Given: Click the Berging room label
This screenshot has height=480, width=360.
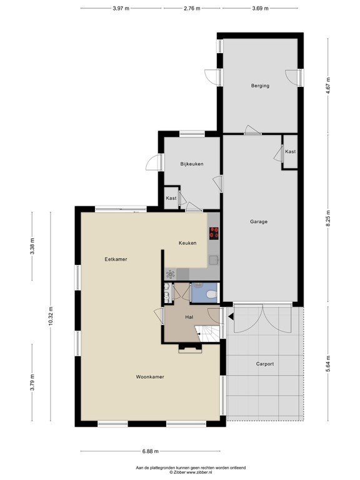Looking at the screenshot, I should click(x=260, y=86).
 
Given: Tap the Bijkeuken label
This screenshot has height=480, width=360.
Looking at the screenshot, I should click(x=192, y=164).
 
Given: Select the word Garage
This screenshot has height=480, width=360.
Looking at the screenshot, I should click(x=259, y=221).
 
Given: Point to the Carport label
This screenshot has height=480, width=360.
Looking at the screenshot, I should click(x=265, y=364).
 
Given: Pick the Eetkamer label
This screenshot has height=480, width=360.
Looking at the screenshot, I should click(x=116, y=259).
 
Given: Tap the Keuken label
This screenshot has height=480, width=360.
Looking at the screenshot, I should click(x=187, y=243).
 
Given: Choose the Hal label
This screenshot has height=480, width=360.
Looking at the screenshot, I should click(x=189, y=317).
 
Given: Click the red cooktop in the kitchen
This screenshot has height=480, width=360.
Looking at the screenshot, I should click(x=214, y=233).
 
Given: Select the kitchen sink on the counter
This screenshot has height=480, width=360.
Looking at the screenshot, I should click(x=214, y=259).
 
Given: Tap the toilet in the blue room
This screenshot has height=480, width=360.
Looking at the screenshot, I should click(x=211, y=292).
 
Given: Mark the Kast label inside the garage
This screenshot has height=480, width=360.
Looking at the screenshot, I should click(x=290, y=152).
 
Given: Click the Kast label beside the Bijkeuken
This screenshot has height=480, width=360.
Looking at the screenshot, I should click(x=171, y=198).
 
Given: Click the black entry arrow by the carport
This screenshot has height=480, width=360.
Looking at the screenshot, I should click(x=231, y=317).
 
